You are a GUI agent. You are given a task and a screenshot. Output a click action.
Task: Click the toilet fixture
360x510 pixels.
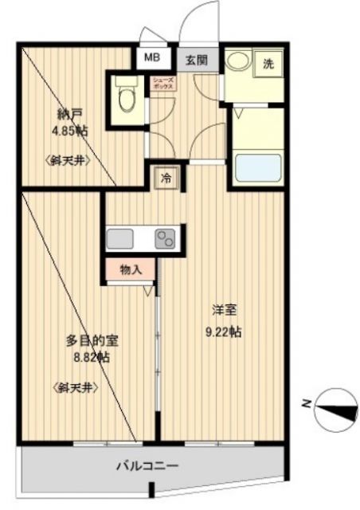pyautogui.click(x=126, y=99)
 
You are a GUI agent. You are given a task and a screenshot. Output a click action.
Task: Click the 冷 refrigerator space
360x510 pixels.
pyautogui.click(x=166, y=178)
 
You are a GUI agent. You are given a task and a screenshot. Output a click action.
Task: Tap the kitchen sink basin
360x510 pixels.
pyautogui.click(x=121, y=238)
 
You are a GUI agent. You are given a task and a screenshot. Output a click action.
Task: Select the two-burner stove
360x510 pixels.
pyautogui.click(x=166, y=238)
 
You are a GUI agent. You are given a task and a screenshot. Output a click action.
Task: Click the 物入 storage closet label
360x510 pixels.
pyautogui.click(x=131, y=270)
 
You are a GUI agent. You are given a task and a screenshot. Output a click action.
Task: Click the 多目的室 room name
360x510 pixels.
pyautogui.click(x=92, y=341)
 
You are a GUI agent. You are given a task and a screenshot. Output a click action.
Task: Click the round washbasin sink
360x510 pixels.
pyautogui.click(x=237, y=63)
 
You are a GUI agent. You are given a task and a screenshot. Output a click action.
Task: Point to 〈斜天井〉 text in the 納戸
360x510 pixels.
pyautogui.click(x=68, y=159)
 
